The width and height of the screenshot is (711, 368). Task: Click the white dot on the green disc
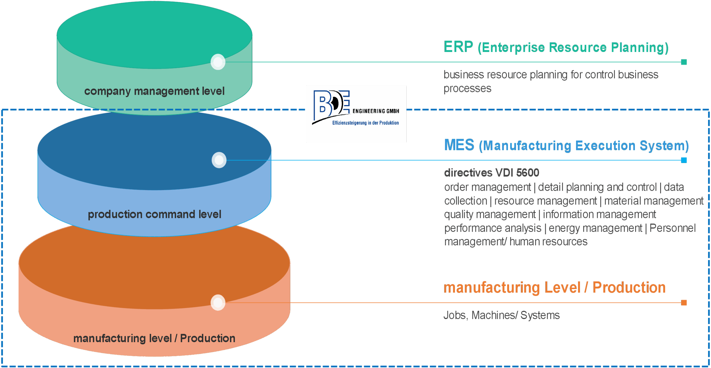coord(218,62)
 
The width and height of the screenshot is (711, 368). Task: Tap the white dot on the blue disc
coord(219,160)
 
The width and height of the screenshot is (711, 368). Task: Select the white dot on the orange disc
coord(218,303)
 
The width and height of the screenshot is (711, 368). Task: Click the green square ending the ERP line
coord(684,62)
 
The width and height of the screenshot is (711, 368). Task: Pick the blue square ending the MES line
coord(684,160)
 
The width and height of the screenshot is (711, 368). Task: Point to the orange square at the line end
coord(684,303)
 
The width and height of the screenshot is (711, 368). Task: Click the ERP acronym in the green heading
coord(458,47)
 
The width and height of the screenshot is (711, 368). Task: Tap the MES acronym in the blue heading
coord(459,145)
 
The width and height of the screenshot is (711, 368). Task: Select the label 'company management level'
coord(154,91)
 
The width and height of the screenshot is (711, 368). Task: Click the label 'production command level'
coord(154,214)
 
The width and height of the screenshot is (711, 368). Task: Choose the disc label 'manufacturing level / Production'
coord(154,338)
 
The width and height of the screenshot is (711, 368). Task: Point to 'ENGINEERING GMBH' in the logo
coord(376,111)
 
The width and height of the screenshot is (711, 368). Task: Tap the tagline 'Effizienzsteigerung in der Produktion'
coord(365,123)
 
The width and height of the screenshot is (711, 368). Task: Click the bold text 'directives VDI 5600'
coord(492,173)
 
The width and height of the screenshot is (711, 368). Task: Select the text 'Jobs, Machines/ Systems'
coord(501,315)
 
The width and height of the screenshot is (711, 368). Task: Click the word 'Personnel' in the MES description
coord(672,228)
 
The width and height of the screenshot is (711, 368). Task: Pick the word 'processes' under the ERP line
coord(467,88)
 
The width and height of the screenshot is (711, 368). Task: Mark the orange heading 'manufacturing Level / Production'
coord(554,287)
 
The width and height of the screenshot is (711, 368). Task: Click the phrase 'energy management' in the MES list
coord(595,228)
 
